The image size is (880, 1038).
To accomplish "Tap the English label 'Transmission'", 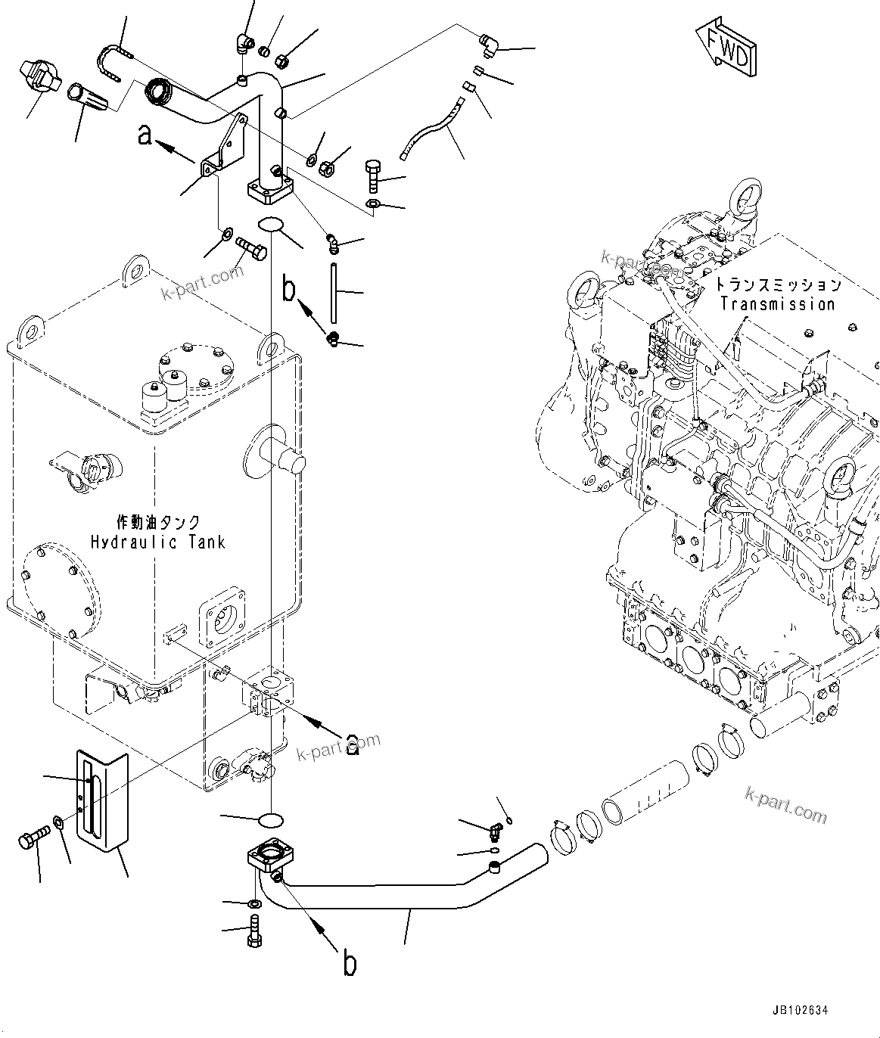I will click(x=777, y=304).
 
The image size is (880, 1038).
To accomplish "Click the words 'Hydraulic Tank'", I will click(x=158, y=542).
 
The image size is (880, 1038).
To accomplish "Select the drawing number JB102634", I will click(x=800, y=1010).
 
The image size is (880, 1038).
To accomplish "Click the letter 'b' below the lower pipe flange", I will click(x=349, y=964).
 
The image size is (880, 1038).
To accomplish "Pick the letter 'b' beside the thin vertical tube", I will click(x=288, y=290).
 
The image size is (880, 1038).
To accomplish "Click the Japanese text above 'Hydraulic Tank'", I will click(x=158, y=522).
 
